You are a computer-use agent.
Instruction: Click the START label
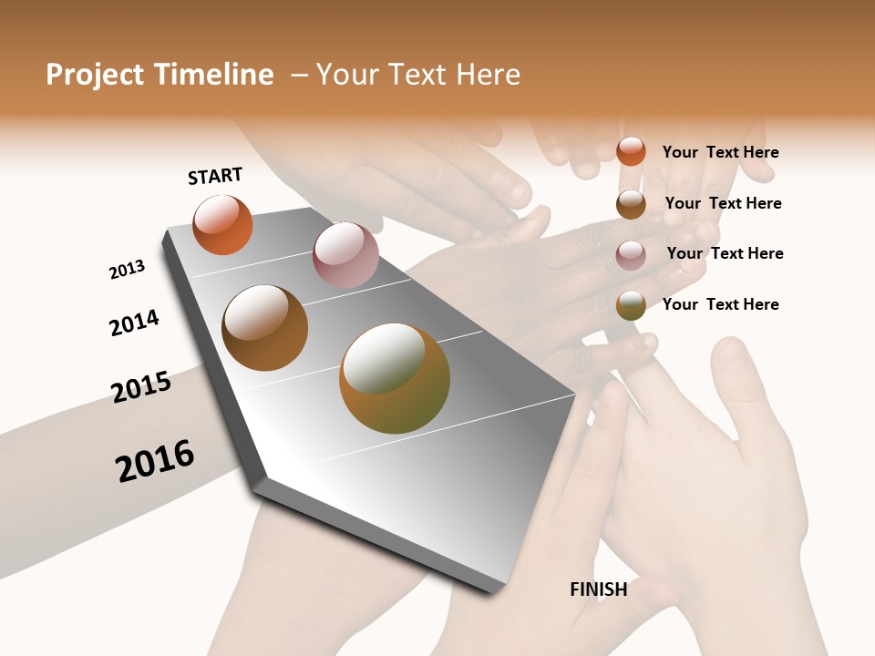click(x=215, y=176)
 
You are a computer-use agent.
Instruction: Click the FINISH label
click(x=598, y=589)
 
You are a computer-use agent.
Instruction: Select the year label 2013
click(x=127, y=270)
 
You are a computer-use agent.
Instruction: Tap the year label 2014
click(x=134, y=323)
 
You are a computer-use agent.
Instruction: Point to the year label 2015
click(x=141, y=387)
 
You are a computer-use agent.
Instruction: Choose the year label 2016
click(x=155, y=461)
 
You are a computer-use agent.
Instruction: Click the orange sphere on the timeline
click(x=222, y=225)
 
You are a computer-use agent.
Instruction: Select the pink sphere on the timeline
click(x=345, y=254)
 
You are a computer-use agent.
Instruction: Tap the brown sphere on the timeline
click(x=264, y=328)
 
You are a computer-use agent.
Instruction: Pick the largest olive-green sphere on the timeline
click(x=395, y=378)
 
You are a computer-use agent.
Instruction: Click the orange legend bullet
click(x=631, y=151)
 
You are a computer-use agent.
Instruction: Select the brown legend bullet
click(x=631, y=204)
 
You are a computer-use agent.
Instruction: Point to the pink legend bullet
click(x=631, y=255)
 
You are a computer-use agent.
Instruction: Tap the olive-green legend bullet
click(x=631, y=305)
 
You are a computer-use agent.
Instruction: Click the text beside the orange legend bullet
click(x=720, y=152)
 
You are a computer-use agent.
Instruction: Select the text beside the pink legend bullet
click(x=725, y=253)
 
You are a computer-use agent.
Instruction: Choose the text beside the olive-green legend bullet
click(x=720, y=304)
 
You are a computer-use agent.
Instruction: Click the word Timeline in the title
click(x=213, y=75)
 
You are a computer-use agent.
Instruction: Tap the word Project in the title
click(x=95, y=75)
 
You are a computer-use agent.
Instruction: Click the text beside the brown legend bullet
click(x=723, y=203)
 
